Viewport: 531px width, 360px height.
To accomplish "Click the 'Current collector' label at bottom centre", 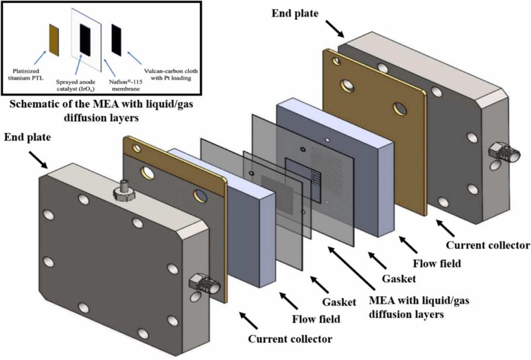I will (x=290, y=339).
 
